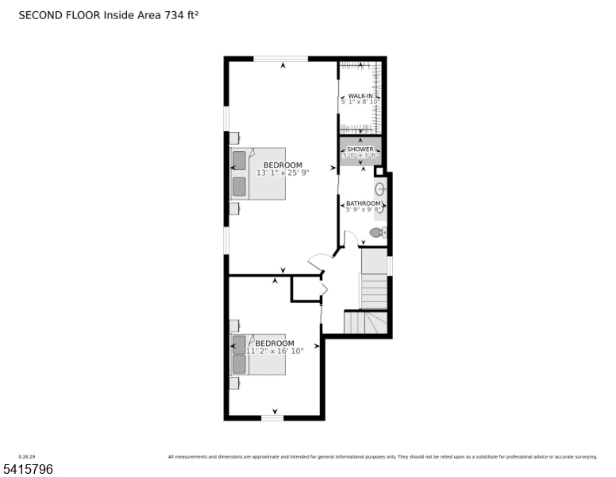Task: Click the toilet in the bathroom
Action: pos(378,232)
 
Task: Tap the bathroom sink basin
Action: pos(379,189)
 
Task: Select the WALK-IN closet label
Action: pos(360,95)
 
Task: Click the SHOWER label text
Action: pos(360,149)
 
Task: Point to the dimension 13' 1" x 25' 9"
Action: pos(283,173)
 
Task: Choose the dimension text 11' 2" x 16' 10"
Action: pos(275,351)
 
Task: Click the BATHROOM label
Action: pos(363,204)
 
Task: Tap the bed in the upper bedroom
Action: pos(258,173)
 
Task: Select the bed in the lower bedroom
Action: pos(258,354)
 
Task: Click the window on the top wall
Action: pos(280,58)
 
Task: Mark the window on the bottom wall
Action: pos(272,417)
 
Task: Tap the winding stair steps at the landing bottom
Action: pos(366,322)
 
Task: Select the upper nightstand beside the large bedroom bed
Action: pos(234,136)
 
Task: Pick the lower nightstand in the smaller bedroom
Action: pos(234,382)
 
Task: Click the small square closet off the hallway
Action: pos(306,289)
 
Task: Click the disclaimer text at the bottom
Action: pos(382,457)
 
